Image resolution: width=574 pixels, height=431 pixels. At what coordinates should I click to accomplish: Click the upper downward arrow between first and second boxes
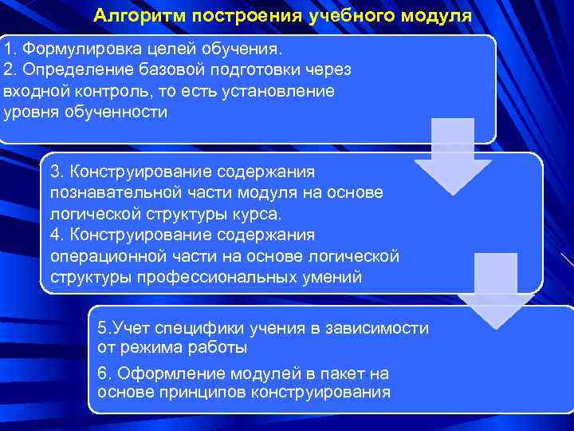tap(453, 156)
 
